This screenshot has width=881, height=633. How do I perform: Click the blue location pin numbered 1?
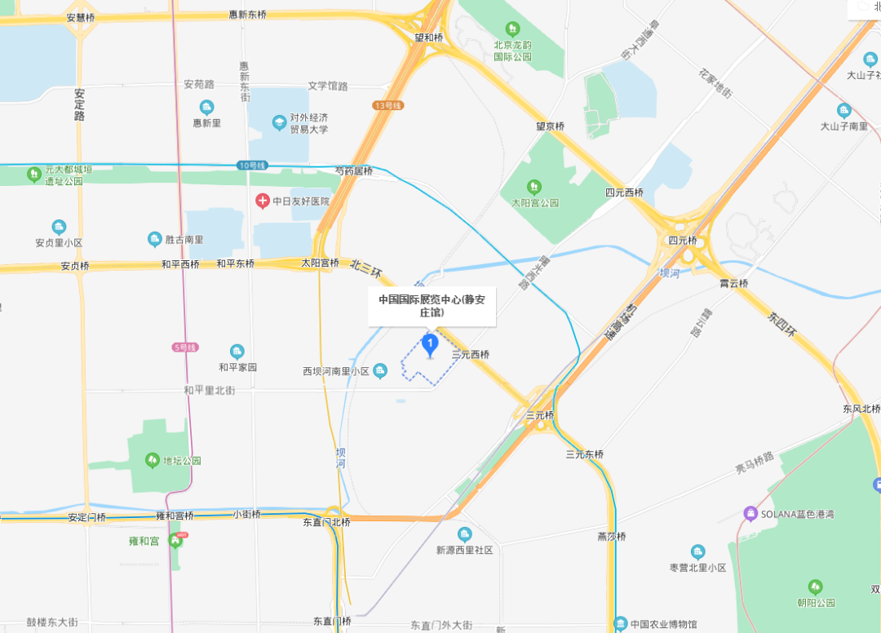coord(430,344)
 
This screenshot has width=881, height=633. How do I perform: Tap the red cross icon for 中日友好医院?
coord(263,201)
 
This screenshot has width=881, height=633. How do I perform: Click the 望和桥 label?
coord(428,38)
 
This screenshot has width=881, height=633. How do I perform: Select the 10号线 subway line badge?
coord(253,166)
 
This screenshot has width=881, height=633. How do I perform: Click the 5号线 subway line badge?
coord(186,347)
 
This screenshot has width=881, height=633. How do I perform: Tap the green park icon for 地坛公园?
coord(152,460)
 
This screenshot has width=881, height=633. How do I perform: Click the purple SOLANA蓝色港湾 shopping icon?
coord(750,514)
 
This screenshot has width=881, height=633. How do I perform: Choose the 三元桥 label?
coord(540,415)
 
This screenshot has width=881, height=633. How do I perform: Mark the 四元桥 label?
coord(683,241)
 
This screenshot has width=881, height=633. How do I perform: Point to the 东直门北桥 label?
coord(326,522)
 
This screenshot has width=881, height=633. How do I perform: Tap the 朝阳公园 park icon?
coord(815,587)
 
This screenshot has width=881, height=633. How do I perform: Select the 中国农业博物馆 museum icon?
coord(621,624)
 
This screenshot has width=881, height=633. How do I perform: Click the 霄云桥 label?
coord(733,283)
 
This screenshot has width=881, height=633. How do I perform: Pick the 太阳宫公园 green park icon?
coord(534,187)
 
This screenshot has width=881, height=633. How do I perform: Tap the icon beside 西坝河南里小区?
coord(380,371)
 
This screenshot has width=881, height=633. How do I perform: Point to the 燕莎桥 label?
coord(611,537)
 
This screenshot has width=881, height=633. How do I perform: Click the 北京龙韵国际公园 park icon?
coord(512,29)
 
